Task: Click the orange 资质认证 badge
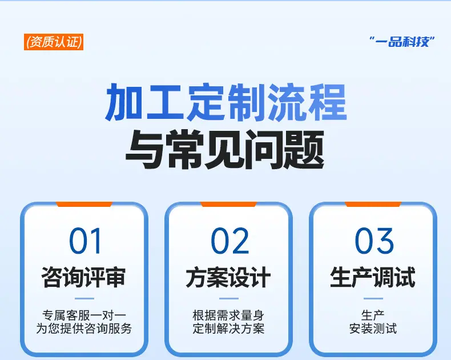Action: coord(54,42)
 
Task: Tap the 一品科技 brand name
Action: coord(402,42)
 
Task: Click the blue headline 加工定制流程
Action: coord(226,102)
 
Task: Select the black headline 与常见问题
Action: coord(225,150)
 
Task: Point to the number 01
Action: coord(86,241)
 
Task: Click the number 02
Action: coord(230,241)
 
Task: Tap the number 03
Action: coord(374,241)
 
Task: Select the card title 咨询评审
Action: coord(84,277)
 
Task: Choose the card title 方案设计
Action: coord(228,277)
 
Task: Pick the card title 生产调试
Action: coord(373,277)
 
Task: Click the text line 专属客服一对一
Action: coord(84,315)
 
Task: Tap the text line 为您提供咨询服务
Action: coord(84,329)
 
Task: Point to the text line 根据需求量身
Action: coord(228,315)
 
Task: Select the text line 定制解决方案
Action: coord(228,329)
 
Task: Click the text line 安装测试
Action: coord(373,329)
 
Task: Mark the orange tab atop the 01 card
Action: coord(84,204)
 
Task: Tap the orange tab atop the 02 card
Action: coord(228,204)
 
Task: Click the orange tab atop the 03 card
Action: coord(373,204)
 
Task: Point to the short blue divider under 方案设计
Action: coord(229,299)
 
